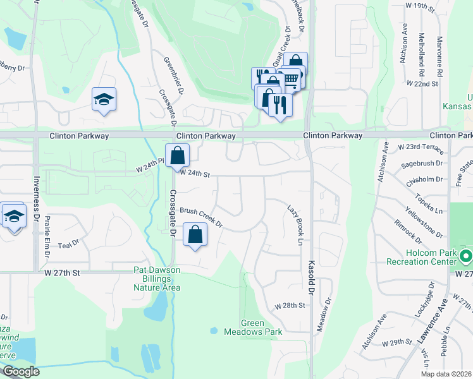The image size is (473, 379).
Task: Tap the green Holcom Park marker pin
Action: click(466, 256)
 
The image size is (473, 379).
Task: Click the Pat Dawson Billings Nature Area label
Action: click(157, 279)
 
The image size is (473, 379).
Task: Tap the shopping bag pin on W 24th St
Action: click(178, 155)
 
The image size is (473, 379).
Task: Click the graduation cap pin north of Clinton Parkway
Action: click(104, 99)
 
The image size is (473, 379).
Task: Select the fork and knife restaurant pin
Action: click(280, 104)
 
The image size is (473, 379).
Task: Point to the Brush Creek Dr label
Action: click(201, 217)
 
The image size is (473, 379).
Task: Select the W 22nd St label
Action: click(422, 83)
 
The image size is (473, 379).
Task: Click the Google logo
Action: click(21, 372)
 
